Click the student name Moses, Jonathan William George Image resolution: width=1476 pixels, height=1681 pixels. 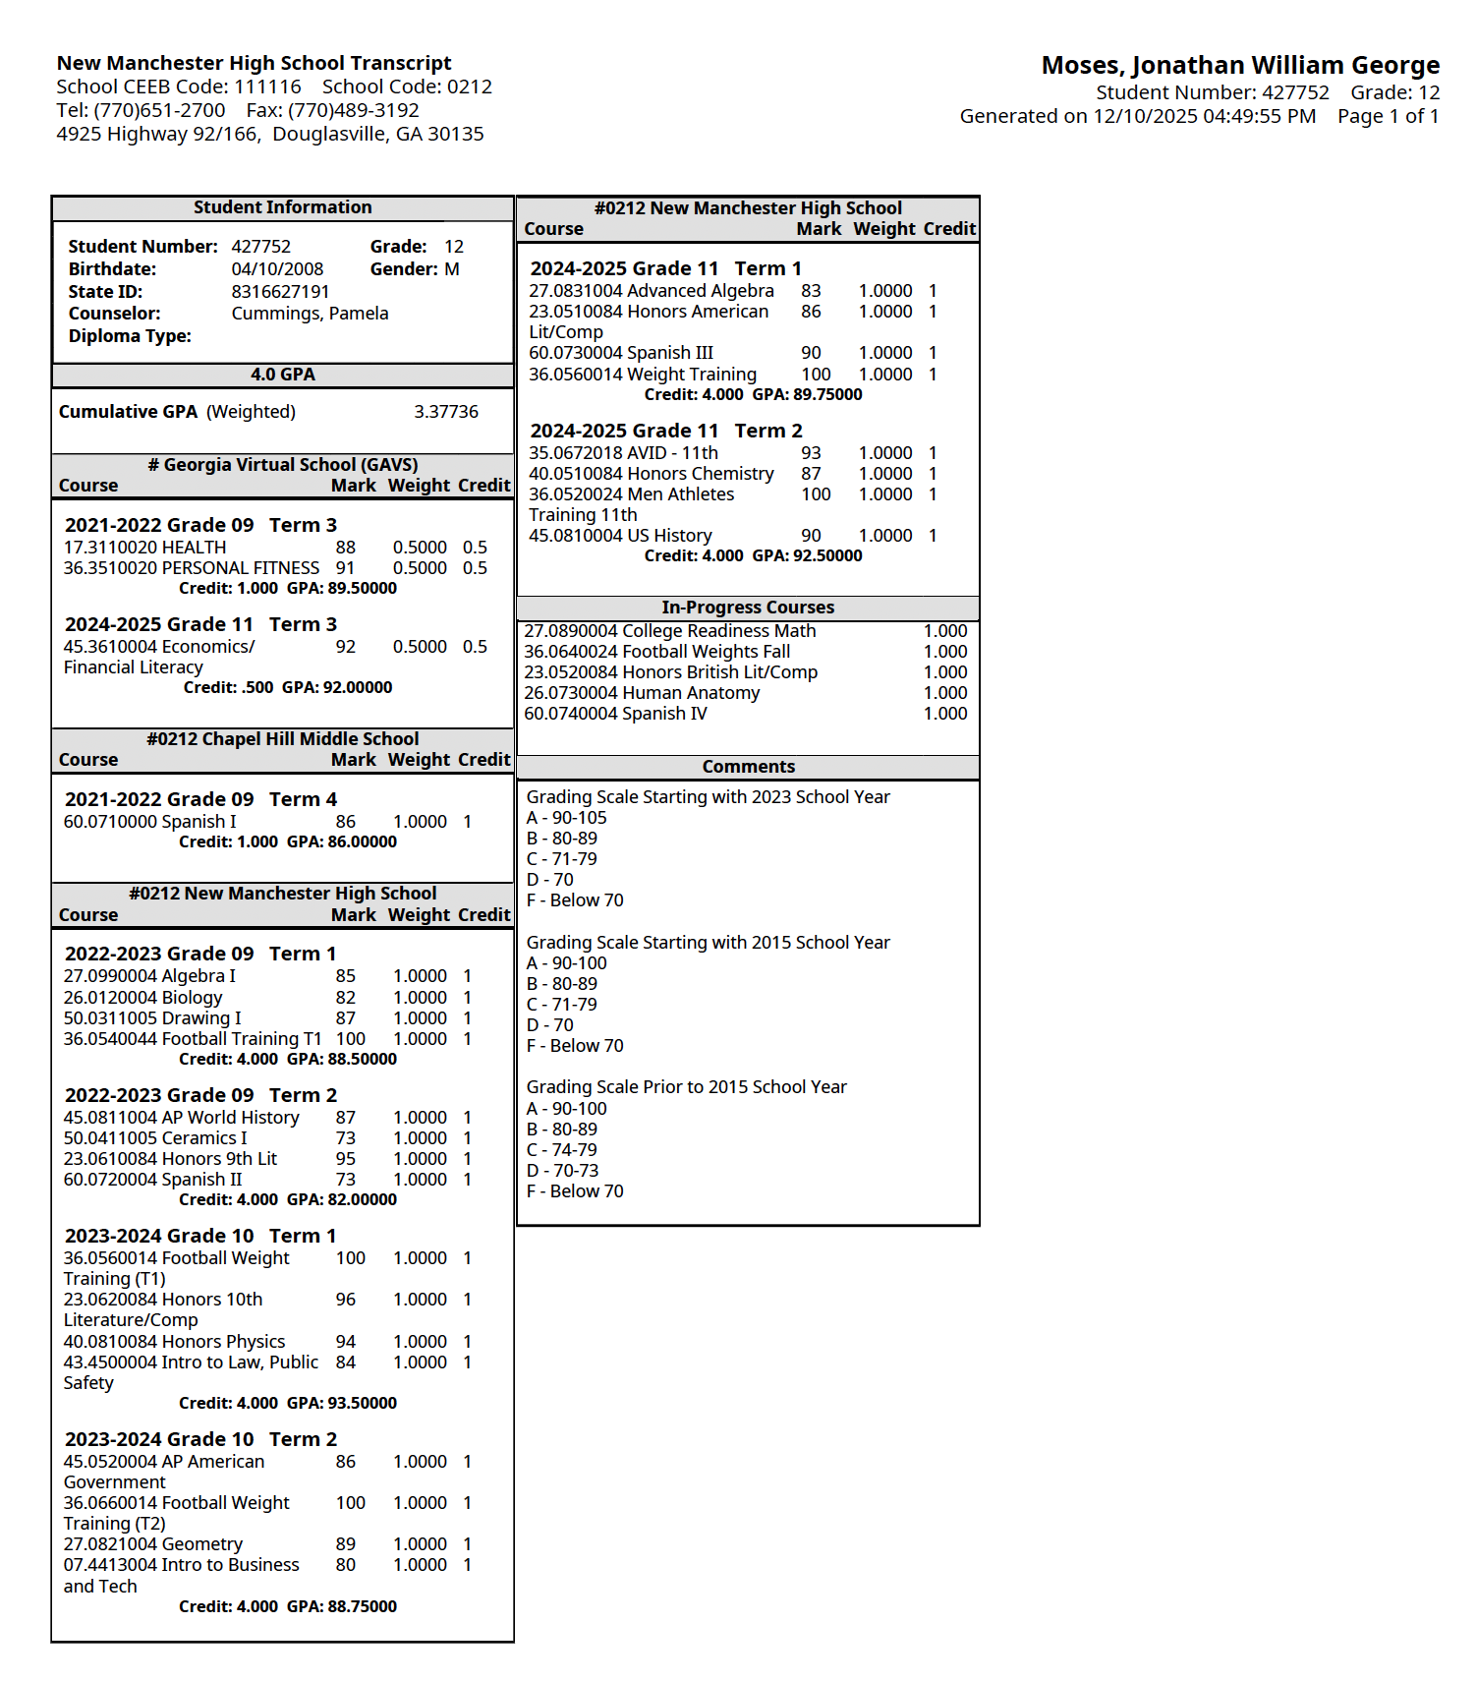coord(1240,66)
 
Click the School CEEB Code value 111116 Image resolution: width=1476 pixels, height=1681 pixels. coord(267,87)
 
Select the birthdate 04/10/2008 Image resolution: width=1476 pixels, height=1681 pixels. coord(277,269)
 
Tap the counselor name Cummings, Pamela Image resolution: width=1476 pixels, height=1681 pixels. coord(310,314)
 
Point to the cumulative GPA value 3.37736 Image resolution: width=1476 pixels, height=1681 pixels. coord(446,412)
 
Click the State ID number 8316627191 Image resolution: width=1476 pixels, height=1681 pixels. coord(280,292)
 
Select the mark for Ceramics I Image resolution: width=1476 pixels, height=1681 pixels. coord(345,1138)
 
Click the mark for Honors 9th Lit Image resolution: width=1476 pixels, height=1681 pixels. coord(345,1159)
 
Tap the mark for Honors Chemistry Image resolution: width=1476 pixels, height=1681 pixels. coord(811,474)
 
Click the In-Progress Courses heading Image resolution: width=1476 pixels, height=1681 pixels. coord(748,608)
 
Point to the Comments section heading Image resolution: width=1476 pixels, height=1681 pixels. coord(748,767)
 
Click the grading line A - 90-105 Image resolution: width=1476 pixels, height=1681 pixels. coord(567,818)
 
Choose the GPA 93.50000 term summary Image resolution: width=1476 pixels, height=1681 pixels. coord(342,1403)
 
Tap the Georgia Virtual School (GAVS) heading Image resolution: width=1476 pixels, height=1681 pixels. coord(283,465)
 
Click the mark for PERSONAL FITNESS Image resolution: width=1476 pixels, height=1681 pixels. coord(345,568)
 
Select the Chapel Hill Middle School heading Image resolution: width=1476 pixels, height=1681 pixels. coord(283,739)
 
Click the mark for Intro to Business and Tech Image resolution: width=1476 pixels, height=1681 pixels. coord(345,1565)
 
